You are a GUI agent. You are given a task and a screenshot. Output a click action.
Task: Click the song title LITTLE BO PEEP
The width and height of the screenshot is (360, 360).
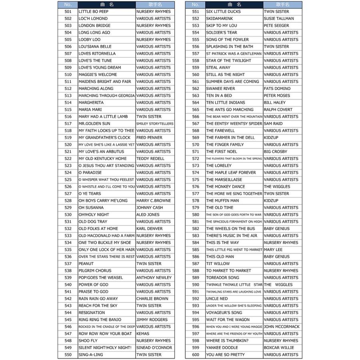pos(93,12)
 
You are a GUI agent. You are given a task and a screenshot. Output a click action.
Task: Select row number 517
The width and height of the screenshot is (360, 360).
pos(68,124)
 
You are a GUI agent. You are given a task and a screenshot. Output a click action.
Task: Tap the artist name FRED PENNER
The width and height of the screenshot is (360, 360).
pos(149,138)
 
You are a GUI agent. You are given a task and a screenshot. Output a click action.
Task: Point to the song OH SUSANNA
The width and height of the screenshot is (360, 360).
pos(91,208)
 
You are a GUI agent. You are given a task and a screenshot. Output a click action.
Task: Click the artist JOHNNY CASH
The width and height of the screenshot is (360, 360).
pos(149,208)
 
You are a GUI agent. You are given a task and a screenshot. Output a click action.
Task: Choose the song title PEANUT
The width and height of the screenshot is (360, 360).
pos(86,264)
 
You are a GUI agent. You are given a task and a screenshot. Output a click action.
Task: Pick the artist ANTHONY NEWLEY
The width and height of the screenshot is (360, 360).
pos(154,278)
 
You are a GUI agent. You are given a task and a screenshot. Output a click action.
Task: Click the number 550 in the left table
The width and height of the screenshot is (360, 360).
pos(68,355)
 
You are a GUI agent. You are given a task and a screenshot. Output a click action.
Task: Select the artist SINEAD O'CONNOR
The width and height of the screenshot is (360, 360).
pos(154,348)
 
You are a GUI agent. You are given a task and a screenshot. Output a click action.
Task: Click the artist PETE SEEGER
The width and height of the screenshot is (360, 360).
pos(276,26)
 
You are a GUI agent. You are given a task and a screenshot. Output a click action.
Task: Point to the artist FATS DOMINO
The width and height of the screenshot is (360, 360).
pos(277,88)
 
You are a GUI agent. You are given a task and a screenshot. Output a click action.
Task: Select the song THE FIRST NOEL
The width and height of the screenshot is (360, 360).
pos(221,152)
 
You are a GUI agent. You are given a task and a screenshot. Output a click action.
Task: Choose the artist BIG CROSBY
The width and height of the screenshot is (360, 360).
pos(276,152)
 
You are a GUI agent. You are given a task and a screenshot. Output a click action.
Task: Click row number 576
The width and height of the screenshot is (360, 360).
pos(196,186)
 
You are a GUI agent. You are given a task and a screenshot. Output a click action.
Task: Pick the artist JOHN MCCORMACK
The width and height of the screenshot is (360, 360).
pos(281,326)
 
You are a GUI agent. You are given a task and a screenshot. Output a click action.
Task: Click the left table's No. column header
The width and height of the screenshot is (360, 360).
pos(68,4)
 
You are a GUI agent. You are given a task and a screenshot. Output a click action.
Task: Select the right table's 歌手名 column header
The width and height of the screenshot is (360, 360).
pos(282,4)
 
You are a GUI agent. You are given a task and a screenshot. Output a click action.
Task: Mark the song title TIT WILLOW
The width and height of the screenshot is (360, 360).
pos(218,264)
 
